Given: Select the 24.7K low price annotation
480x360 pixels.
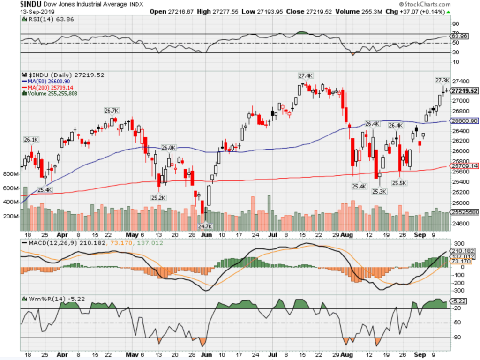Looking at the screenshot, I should click(x=204, y=226).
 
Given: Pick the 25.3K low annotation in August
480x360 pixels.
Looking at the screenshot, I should click(x=379, y=191).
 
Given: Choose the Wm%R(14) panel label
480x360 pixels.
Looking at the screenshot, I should click(x=47, y=298).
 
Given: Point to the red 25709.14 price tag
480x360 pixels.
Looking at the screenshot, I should click(x=465, y=166).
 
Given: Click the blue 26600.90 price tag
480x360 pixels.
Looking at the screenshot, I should click(x=465, y=121).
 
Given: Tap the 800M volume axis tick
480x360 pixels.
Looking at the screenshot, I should click(x=10, y=174).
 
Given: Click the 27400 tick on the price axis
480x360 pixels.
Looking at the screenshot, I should click(x=459, y=81).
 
